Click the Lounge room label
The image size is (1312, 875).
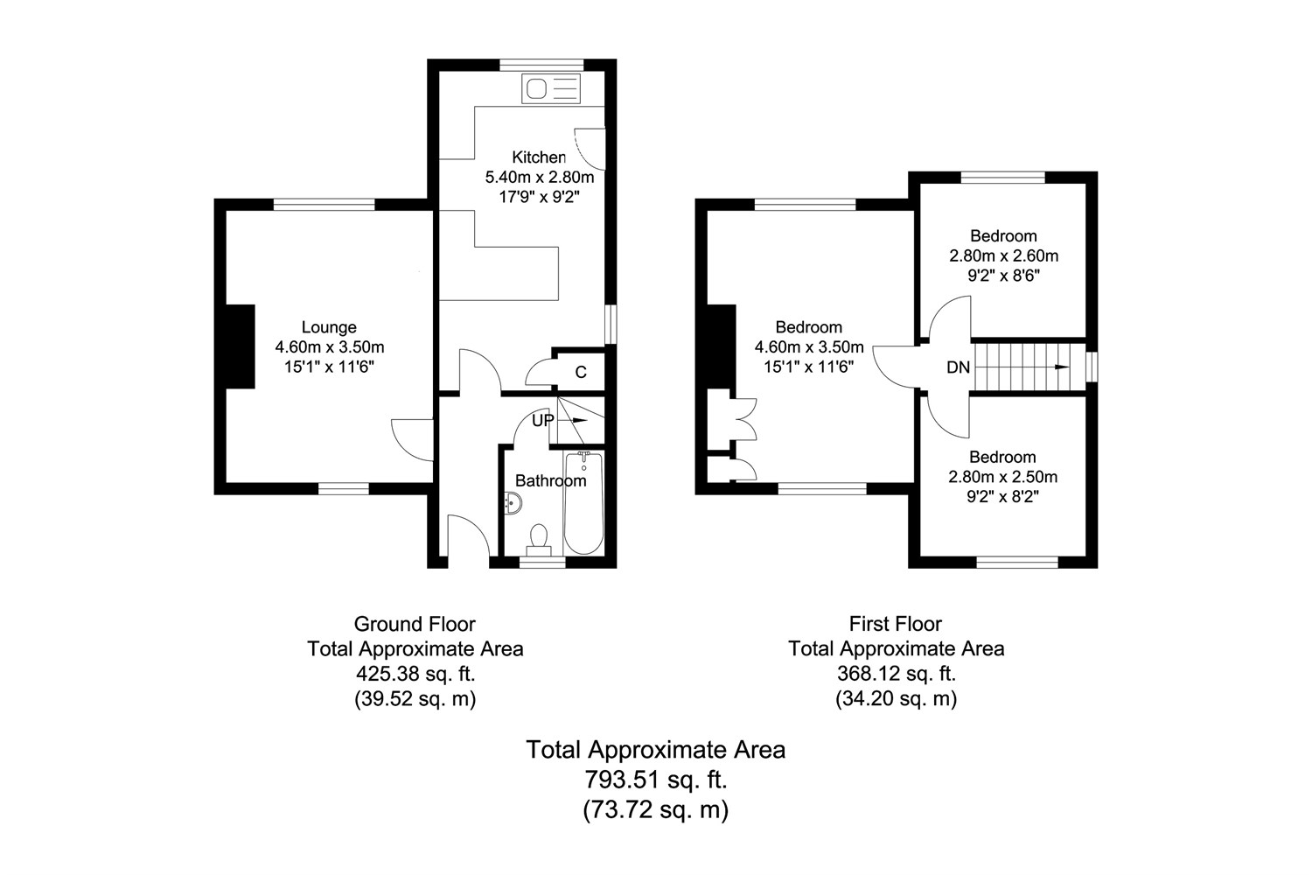click(329, 327)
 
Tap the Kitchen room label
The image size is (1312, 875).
click(538, 157)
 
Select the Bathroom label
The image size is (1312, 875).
click(550, 480)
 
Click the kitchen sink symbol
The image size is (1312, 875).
click(549, 88)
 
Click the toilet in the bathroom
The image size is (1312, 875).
click(539, 537)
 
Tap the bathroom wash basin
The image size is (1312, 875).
click(514, 503)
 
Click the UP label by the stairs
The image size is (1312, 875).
click(543, 420)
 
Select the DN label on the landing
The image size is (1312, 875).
click(958, 367)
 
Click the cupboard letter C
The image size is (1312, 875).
click(581, 373)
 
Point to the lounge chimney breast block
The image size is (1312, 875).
click(240, 346)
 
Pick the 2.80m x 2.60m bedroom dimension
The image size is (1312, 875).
click(1003, 256)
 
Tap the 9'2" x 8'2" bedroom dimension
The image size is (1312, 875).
click(1002, 497)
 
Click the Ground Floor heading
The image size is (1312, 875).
click(415, 624)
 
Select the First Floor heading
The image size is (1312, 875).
click(896, 624)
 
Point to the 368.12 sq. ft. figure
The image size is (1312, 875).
click(896, 674)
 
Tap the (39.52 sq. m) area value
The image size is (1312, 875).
click(415, 699)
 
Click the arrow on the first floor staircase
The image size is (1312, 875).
click(1061, 367)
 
